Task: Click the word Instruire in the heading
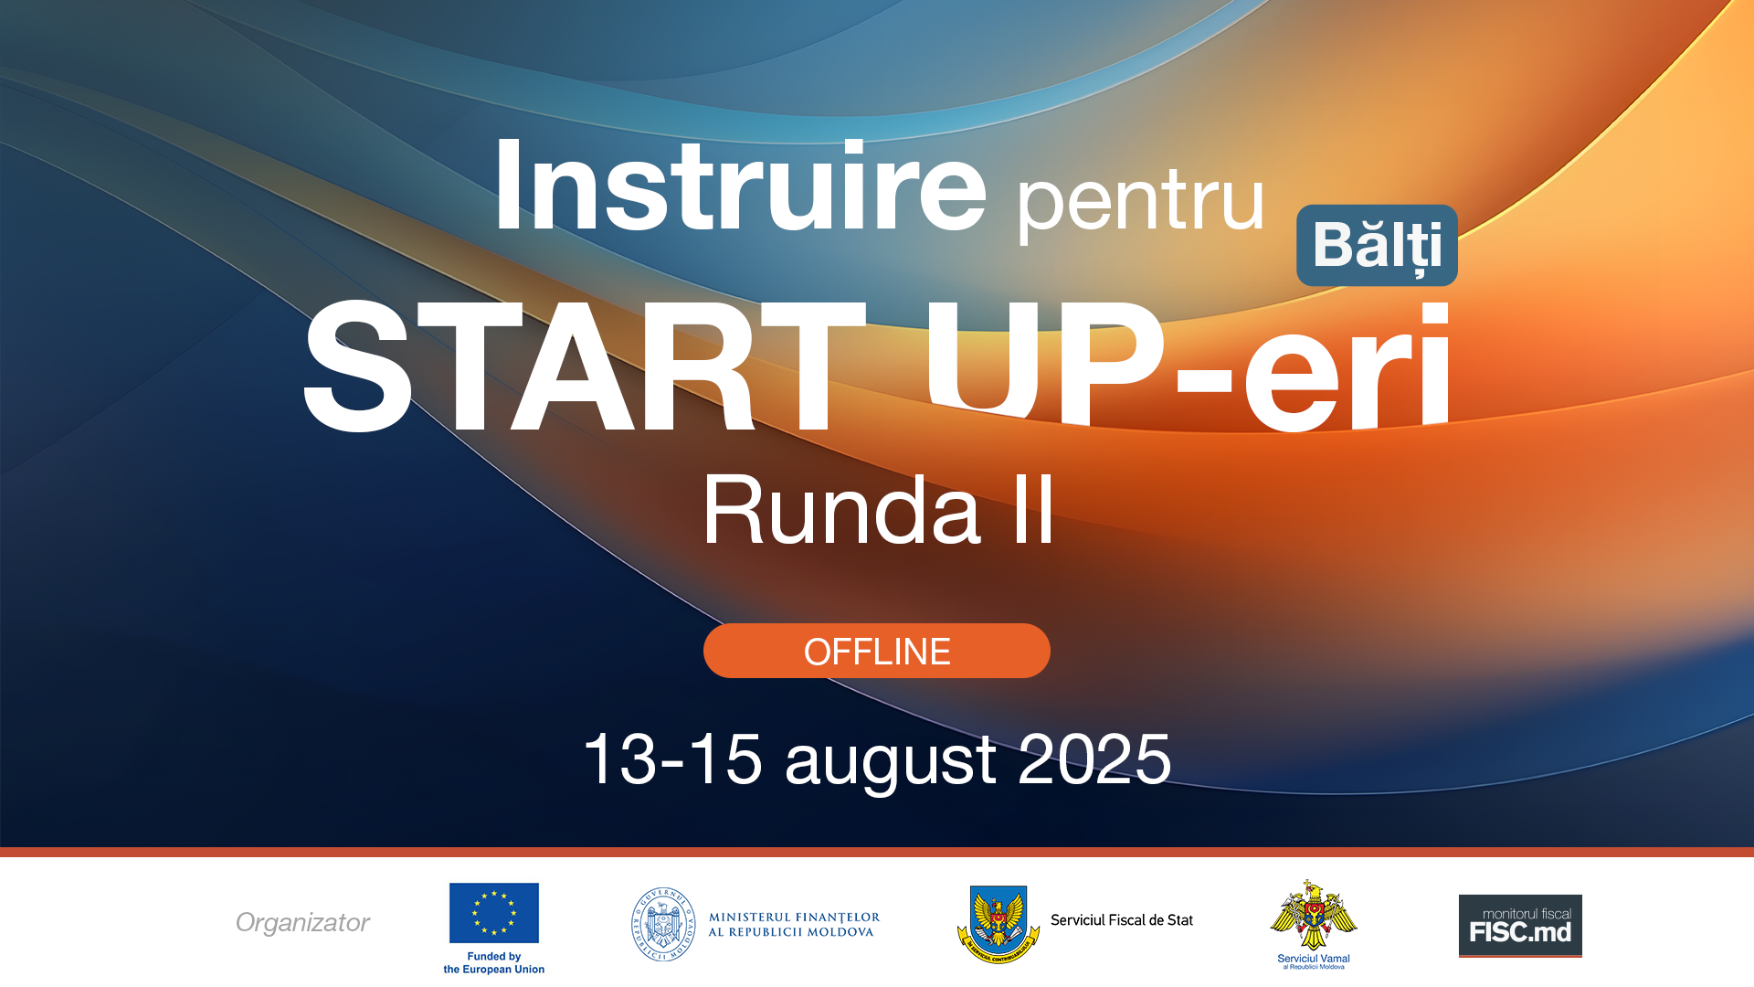tap(740, 187)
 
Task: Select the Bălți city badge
tap(1377, 245)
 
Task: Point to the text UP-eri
tap(1188, 366)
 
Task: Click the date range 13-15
tap(672, 759)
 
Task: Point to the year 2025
tap(1094, 759)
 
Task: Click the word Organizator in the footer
tap(302, 922)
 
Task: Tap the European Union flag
tap(493, 912)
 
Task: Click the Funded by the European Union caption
tap(493, 963)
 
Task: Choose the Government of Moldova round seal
tap(663, 924)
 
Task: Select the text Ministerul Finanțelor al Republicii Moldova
tap(794, 924)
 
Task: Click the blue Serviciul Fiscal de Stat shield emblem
tap(999, 923)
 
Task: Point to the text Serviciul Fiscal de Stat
tap(1121, 920)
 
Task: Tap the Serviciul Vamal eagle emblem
tap(1313, 916)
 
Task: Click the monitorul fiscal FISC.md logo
tap(1520, 925)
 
